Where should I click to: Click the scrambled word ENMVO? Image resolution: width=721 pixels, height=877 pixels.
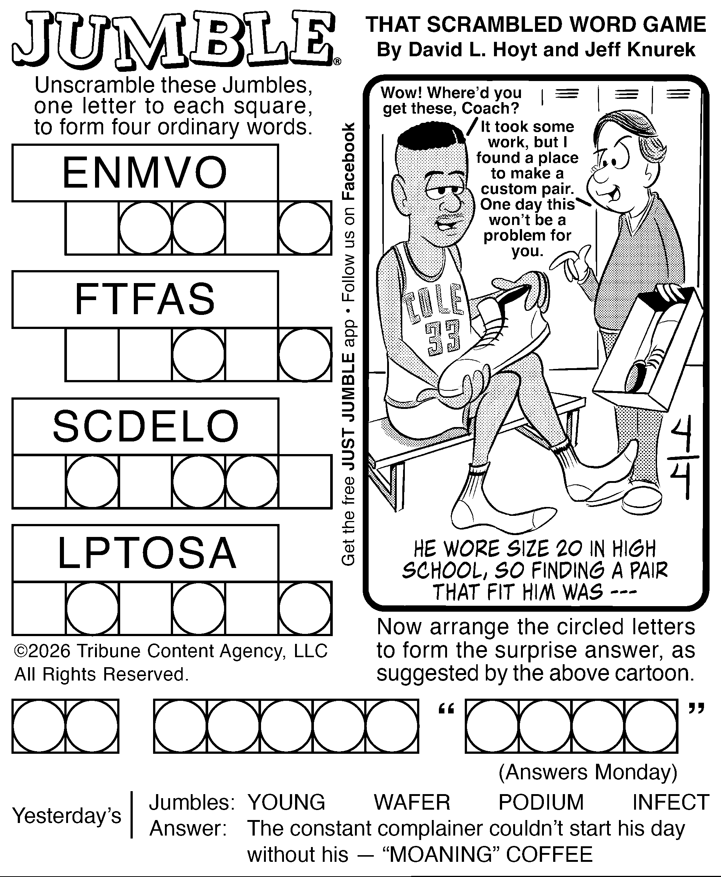[145, 172]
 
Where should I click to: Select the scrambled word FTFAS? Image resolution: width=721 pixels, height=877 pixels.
[145, 299]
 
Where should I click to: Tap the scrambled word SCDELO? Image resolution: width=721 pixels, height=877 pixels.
[145, 426]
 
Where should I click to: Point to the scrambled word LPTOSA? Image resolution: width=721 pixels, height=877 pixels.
[147, 553]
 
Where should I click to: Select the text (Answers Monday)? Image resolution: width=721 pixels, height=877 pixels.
[588, 772]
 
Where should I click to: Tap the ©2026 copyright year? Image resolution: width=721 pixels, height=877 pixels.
[42, 651]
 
